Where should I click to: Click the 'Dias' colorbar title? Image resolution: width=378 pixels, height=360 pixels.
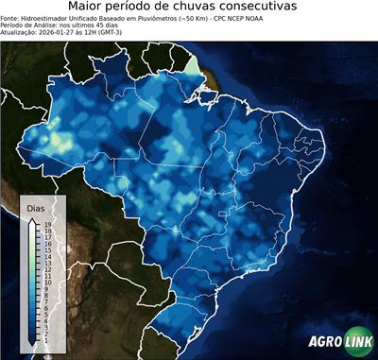(37, 207)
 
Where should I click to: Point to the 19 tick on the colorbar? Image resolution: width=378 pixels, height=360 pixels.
(46, 224)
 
